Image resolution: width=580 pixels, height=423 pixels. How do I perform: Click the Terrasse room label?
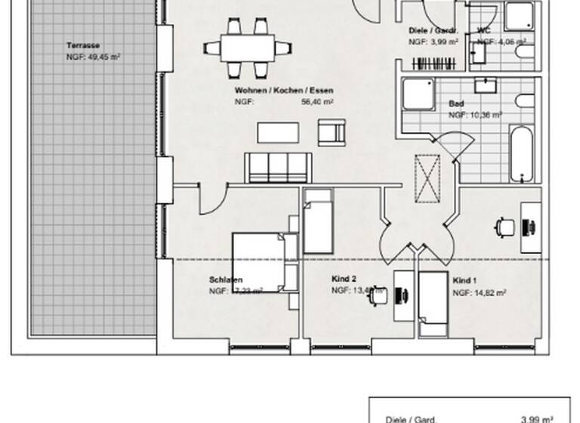click(83, 45)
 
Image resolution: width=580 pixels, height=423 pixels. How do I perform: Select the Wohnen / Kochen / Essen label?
click(283, 91)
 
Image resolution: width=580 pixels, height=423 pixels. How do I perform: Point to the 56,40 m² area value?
click(317, 100)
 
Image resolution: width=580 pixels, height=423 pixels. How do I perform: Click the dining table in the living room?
click(247, 48)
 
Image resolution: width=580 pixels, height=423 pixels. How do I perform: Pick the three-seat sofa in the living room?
click(278, 168)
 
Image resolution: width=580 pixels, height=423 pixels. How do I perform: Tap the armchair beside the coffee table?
click(332, 132)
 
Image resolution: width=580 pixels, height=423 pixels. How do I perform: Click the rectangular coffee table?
click(278, 132)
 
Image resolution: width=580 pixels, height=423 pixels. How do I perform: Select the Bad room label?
click(456, 104)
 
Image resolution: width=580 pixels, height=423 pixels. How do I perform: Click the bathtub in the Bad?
click(521, 154)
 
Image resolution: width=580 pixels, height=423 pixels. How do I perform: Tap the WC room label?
click(483, 31)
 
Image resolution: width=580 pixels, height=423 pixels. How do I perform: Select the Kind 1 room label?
click(464, 281)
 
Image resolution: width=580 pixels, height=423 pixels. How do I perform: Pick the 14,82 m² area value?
click(491, 292)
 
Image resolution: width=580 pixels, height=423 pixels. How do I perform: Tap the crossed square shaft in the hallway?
click(427, 178)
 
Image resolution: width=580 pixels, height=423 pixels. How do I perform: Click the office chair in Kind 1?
click(504, 225)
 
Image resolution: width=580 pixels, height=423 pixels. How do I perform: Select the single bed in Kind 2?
click(318, 221)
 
